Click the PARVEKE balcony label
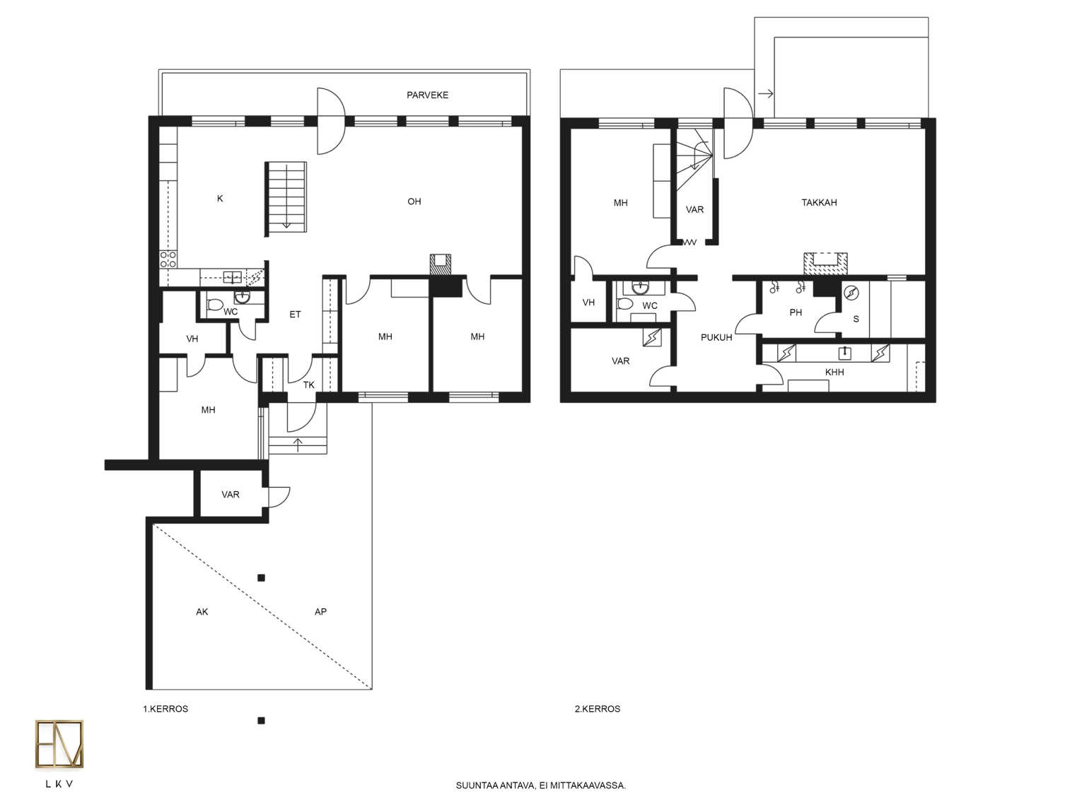click(x=427, y=95)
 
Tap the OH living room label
click(x=414, y=201)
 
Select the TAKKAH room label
click(x=819, y=202)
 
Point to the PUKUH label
click(x=716, y=338)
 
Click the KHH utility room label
click(x=834, y=372)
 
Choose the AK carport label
click(x=202, y=611)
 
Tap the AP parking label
click(x=320, y=611)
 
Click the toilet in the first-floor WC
click(x=214, y=305)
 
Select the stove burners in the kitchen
click(x=168, y=259)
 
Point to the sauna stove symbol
click(x=851, y=293)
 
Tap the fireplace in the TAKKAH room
click(x=825, y=264)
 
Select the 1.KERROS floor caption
click(x=165, y=709)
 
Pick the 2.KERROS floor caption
click(x=598, y=709)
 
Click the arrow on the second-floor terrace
click(x=766, y=93)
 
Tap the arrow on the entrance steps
click(x=298, y=445)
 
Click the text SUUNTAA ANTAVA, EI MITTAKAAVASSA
click(x=541, y=785)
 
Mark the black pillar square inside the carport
click(x=261, y=578)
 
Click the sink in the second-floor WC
click(x=640, y=288)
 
